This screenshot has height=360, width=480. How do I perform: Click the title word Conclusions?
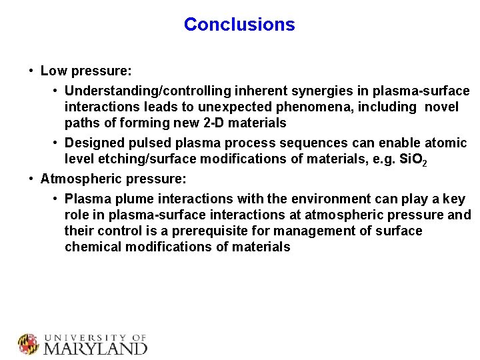239,25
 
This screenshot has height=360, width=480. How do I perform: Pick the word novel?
441,107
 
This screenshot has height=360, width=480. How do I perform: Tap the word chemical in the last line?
91,247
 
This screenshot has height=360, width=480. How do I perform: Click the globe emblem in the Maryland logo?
29,344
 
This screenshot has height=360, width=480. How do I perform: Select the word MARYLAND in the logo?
95,348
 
